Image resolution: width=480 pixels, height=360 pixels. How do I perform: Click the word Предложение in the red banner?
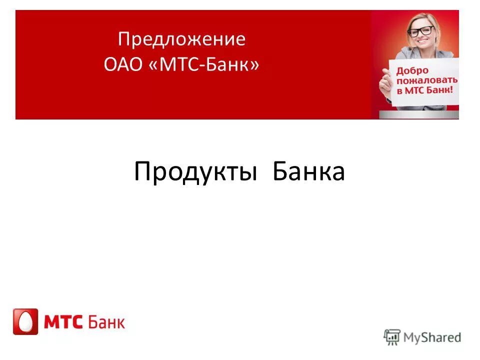coord(182,40)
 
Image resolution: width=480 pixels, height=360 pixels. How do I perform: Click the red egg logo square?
coord(25,321)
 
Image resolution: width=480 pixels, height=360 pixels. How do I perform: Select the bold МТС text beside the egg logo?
coord(63,321)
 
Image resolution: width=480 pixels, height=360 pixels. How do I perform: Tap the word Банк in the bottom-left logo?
coord(107,321)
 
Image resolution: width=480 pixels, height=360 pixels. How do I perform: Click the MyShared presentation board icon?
coord(392,337)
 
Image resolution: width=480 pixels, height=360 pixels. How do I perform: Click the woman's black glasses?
coord(420,31)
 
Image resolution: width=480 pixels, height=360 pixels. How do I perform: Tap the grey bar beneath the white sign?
coord(420,114)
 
